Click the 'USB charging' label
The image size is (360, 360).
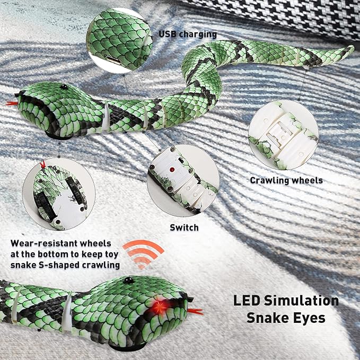click(x=188, y=34)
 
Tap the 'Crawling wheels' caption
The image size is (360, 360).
click(x=286, y=180)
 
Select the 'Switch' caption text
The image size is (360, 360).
click(x=184, y=227)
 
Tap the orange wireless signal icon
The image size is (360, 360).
click(x=143, y=253)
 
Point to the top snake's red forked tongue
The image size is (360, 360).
click(x=11, y=102)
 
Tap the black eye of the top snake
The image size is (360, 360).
click(x=63, y=86)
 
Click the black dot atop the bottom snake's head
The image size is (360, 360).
click(x=128, y=279)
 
